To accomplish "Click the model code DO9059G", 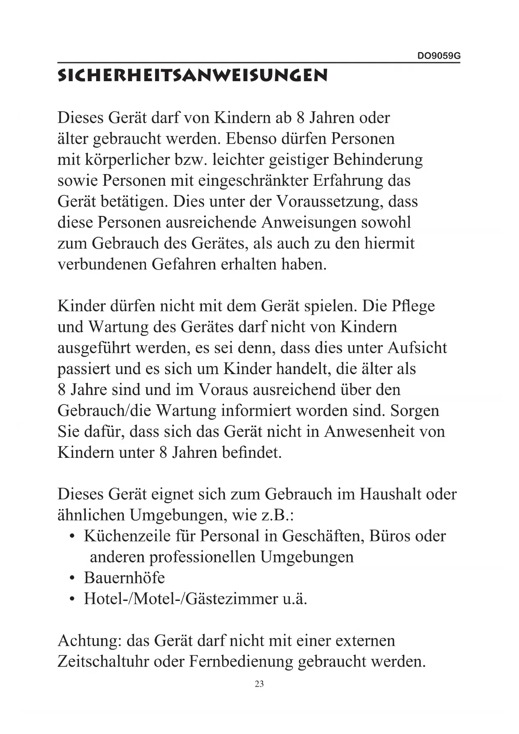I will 439,56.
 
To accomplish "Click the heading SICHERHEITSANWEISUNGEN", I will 192,76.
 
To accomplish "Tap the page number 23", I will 259,684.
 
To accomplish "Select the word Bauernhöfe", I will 124,578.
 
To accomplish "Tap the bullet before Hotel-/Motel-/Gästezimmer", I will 73,600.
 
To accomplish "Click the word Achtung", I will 89,641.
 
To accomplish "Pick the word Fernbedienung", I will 241,662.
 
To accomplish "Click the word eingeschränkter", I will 252,181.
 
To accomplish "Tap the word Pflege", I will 413,306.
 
